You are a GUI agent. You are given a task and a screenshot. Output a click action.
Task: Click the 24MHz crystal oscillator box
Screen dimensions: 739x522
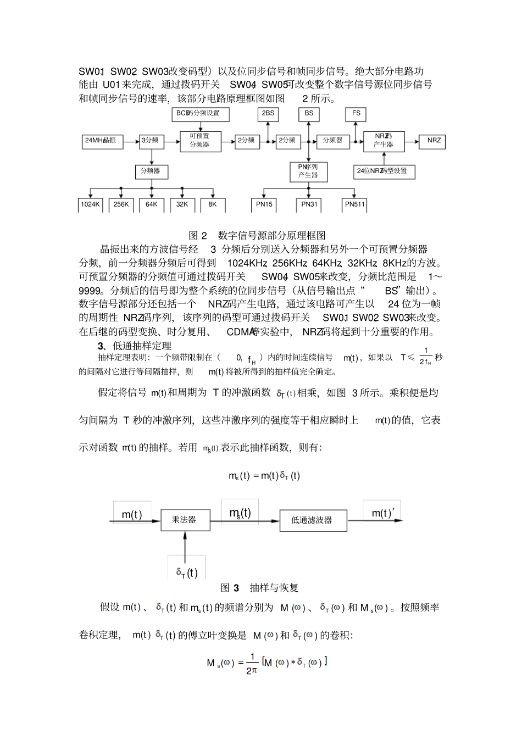(x=102, y=141)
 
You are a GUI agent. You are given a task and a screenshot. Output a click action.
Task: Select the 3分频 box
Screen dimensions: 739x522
(x=151, y=141)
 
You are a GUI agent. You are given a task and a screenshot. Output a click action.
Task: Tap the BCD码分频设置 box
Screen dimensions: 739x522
(x=201, y=114)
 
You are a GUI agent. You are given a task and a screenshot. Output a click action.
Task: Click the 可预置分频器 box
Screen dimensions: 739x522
(x=200, y=141)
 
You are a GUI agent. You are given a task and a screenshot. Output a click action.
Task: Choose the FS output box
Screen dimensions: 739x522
(x=356, y=114)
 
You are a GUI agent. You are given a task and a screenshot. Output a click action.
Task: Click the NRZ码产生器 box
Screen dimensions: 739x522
(x=384, y=141)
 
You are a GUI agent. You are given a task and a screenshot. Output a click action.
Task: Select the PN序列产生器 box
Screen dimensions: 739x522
(x=308, y=171)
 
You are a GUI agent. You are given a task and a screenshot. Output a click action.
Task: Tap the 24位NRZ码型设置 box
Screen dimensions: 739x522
(x=384, y=171)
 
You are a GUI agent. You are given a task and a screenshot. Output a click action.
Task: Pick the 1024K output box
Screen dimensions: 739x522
(x=91, y=204)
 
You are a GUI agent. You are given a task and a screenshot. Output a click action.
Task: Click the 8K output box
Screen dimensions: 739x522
(x=213, y=204)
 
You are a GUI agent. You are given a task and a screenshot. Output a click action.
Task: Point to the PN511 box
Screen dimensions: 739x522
(x=354, y=204)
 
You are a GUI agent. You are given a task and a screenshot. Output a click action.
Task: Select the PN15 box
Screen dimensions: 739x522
(x=264, y=204)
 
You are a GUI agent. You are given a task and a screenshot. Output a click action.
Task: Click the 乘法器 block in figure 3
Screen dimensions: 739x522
(x=185, y=519)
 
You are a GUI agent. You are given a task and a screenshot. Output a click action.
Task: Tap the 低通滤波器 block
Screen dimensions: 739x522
(x=313, y=519)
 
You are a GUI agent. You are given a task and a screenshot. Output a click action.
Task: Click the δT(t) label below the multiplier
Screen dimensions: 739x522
(x=187, y=573)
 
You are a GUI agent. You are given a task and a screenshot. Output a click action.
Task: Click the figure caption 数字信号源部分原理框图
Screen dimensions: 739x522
(x=271, y=236)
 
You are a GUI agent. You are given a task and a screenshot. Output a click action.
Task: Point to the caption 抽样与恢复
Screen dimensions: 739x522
(x=274, y=588)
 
